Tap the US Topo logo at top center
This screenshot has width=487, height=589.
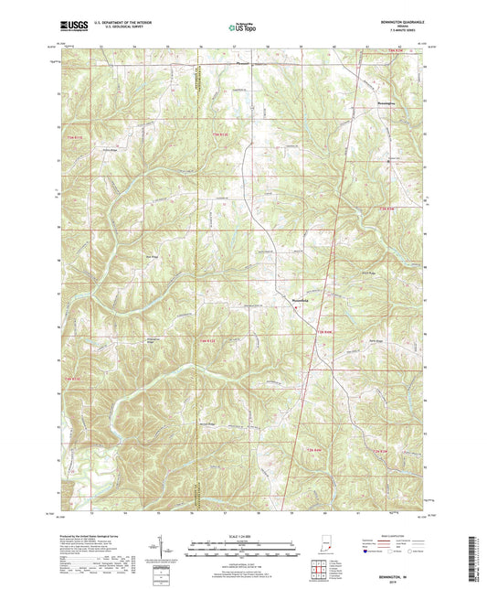click(235, 28)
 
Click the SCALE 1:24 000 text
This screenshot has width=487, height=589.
click(242, 535)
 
